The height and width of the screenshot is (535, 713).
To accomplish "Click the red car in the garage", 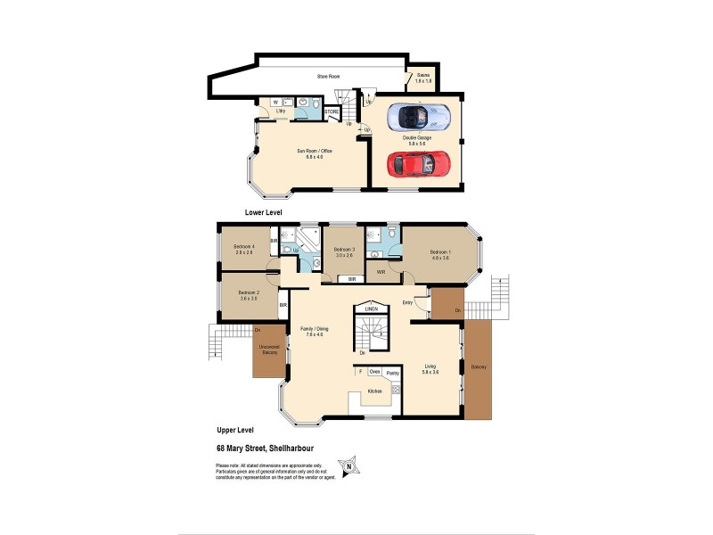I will click(417, 164).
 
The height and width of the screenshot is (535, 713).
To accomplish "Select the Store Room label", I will click(329, 78).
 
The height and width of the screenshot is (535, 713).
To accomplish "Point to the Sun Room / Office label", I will click(314, 154).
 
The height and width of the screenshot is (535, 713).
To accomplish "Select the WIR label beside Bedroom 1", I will click(381, 272).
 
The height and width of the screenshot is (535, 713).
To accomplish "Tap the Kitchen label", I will click(374, 392).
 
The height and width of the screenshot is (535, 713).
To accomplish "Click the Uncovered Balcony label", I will click(268, 350).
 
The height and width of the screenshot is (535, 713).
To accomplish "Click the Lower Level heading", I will click(264, 214).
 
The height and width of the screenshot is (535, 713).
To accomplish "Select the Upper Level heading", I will click(234, 430).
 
